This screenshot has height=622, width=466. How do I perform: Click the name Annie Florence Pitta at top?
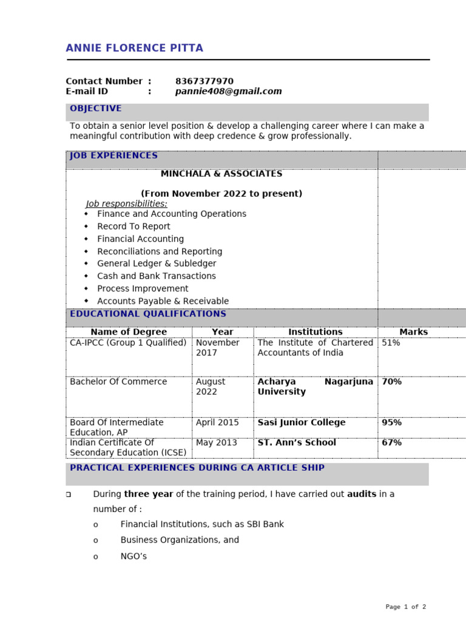(134, 49)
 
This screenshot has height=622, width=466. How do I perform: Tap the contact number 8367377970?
(204, 81)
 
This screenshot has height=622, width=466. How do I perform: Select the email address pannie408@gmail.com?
(228, 92)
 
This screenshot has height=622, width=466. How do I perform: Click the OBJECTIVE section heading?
(95, 109)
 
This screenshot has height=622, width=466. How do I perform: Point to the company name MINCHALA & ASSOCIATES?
(221, 174)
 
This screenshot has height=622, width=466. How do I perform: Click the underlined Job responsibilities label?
(126, 203)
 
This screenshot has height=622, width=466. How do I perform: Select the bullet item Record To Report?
(133, 227)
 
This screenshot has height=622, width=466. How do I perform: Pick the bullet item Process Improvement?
(143, 289)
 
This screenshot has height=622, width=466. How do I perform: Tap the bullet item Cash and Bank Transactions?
(156, 276)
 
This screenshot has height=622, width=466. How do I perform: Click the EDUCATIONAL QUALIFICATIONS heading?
(147, 314)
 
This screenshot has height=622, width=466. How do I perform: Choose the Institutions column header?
(315, 332)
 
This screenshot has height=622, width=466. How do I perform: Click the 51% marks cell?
(391, 343)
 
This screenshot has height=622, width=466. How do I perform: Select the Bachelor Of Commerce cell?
(118, 382)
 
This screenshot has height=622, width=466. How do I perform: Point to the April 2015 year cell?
(217, 423)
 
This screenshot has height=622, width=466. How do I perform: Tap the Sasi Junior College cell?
(301, 423)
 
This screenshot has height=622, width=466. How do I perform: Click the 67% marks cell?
(391, 443)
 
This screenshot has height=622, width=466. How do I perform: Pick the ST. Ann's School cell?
(296, 443)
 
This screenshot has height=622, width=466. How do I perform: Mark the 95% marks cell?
(391, 423)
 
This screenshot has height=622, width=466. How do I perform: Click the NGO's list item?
(133, 556)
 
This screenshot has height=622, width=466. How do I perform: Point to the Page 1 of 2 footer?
(405, 607)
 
